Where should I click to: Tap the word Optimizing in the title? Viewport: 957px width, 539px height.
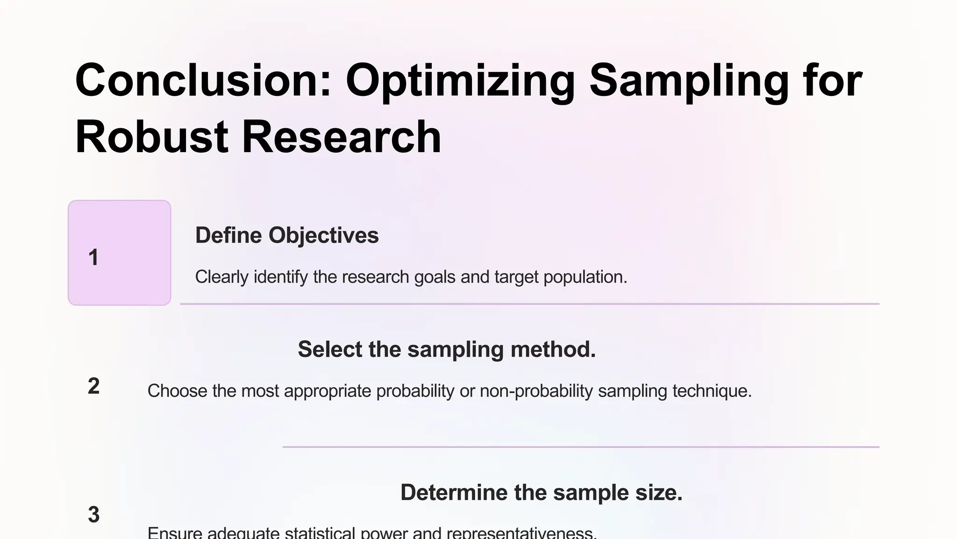[460, 80]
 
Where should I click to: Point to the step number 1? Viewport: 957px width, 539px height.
[93, 257]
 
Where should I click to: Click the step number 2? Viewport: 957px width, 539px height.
[93, 386]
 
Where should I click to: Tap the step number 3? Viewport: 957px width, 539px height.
[93, 515]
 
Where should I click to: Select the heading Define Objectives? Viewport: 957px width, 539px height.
[287, 235]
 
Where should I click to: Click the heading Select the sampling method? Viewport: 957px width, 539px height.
[447, 349]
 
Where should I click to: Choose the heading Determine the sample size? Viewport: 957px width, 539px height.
[541, 492]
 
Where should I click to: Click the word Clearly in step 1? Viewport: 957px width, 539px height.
[221, 277]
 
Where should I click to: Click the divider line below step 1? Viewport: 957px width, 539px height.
[529, 304]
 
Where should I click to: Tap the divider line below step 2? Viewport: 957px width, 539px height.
[581, 447]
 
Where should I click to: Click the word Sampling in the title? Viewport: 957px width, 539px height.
[689, 80]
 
